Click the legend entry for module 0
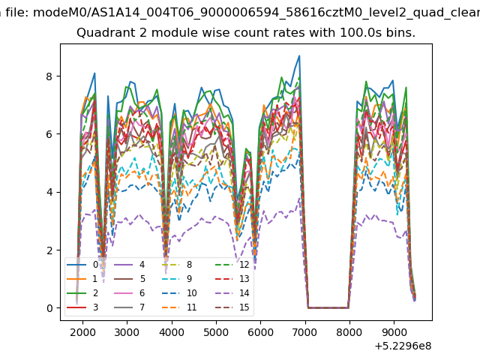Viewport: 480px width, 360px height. (x=82, y=265)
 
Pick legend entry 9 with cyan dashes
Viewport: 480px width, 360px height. (x=177, y=278)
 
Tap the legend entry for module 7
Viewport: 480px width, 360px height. (x=130, y=307)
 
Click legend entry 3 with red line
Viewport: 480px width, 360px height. (x=82, y=307)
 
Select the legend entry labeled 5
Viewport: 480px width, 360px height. (x=130, y=278)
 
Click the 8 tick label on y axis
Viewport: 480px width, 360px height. (x=49, y=76)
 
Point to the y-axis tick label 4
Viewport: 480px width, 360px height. (x=49, y=192)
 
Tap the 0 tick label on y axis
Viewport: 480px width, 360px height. (x=49, y=308)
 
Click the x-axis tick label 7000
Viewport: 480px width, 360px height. (x=304, y=332)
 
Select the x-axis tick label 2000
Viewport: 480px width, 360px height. (x=82, y=332)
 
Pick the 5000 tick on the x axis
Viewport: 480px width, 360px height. (x=216, y=332)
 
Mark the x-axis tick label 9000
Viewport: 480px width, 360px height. (x=394, y=332)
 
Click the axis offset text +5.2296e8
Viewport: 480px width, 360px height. (x=403, y=346)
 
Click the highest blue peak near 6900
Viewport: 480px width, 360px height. (x=299, y=55)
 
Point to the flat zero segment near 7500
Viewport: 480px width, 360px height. (x=328, y=307)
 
